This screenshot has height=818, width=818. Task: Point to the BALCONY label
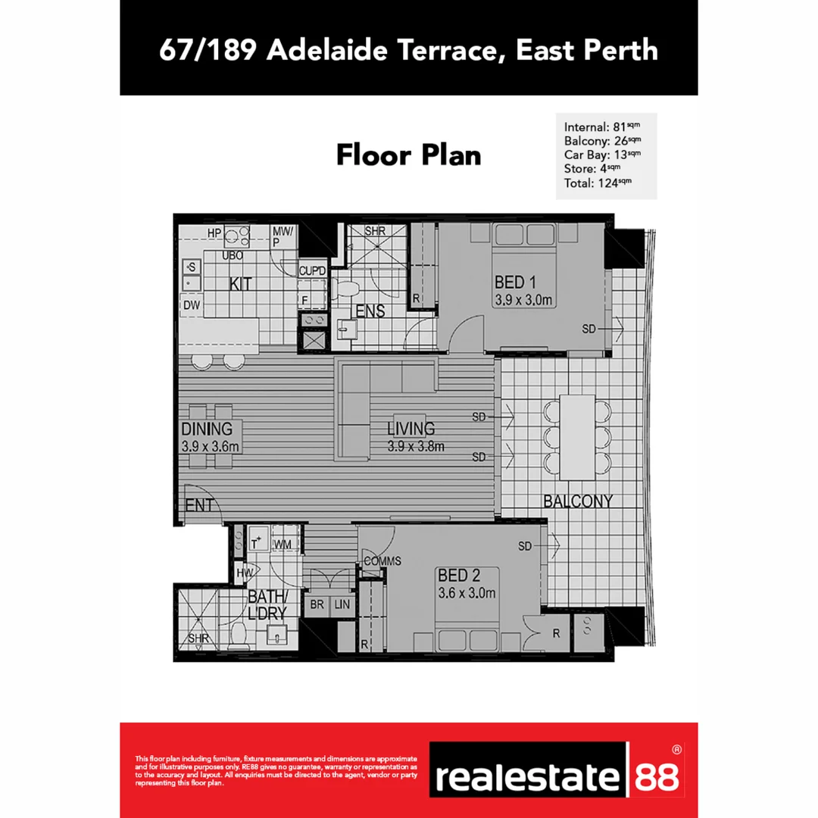pyautogui.click(x=577, y=501)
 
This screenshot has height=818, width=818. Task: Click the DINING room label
pyautogui.click(x=207, y=430)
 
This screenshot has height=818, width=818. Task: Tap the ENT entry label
pyautogui.click(x=199, y=505)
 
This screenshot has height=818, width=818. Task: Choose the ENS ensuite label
pyautogui.click(x=370, y=311)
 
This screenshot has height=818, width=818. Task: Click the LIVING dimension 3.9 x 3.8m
pyautogui.click(x=416, y=446)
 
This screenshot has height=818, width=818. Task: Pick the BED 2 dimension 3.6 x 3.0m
pyautogui.click(x=467, y=593)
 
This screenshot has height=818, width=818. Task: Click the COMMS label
pyautogui.click(x=382, y=561)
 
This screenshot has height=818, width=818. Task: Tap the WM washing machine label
pyautogui.click(x=283, y=544)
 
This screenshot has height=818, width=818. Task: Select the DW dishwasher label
pyautogui.click(x=192, y=304)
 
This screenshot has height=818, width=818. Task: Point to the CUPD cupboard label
pyautogui.click(x=312, y=270)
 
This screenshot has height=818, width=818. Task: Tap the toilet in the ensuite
pyautogui.click(x=347, y=288)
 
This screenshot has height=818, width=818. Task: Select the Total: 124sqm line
pyautogui.click(x=598, y=182)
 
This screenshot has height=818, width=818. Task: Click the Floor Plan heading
pyautogui.click(x=408, y=155)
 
